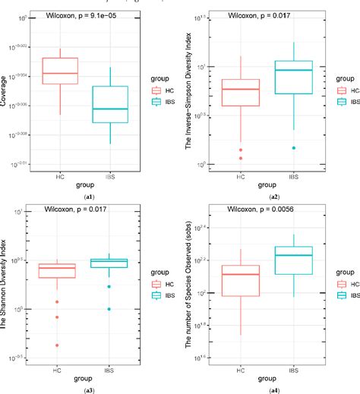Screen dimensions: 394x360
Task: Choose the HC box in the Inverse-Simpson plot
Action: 240,92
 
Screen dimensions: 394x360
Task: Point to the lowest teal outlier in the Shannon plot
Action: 109,309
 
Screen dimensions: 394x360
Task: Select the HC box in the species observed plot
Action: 240,280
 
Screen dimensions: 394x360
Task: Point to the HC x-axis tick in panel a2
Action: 241,175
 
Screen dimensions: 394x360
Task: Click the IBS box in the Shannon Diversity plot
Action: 109,263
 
